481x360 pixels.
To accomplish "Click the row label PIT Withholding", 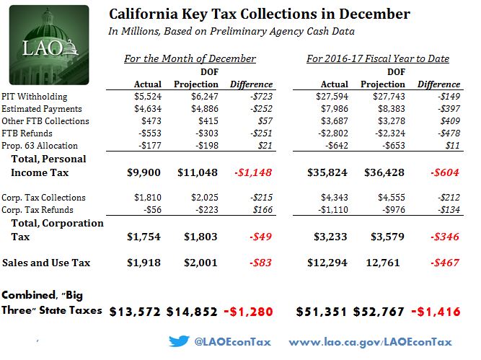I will pos(37,95).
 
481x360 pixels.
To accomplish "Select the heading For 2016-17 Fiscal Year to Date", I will pos(379,58).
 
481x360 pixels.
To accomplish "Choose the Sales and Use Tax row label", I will pos(47,263).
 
